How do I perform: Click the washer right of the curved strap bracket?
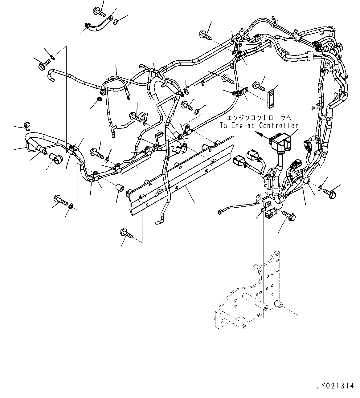(116, 22)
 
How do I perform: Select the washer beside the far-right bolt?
(320, 187)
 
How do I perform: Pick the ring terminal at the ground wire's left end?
(220, 211)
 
